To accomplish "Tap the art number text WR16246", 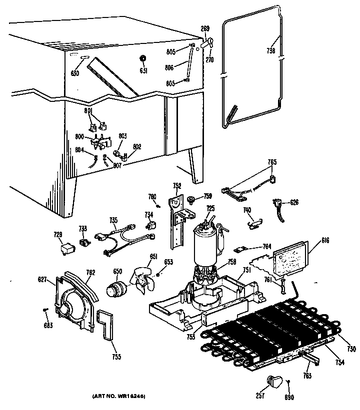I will point(118,396).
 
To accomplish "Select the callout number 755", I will point(116,357).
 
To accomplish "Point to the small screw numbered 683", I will point(45,311).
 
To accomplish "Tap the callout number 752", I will point(177,186).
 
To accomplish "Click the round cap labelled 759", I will point(190,200).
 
